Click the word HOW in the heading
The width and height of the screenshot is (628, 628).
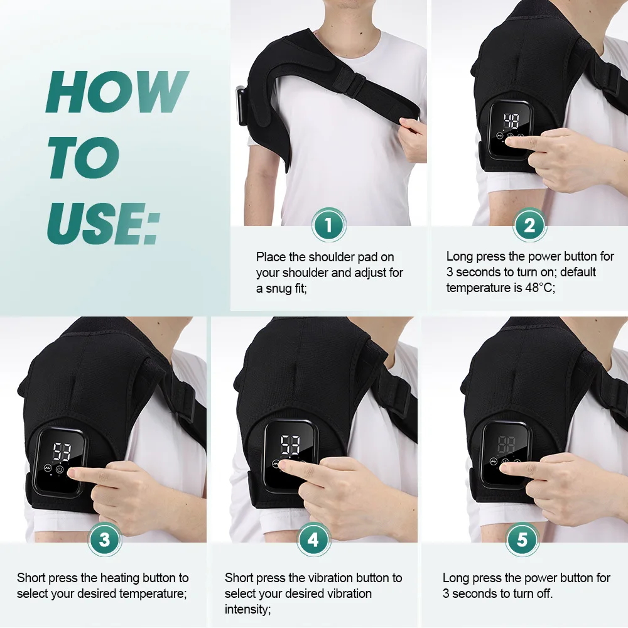click(x=117, y=92)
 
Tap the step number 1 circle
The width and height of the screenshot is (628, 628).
click(x=328, y=224)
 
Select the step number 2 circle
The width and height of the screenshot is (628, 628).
click(x=529, y=225)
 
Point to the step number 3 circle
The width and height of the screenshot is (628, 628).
click(x=104, y=539)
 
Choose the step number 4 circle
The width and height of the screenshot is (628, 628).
click(x=313, y=539)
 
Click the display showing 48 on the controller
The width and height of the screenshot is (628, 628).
click(x=511, y=122)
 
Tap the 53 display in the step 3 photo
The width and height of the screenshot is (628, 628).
click(x=61, y=451)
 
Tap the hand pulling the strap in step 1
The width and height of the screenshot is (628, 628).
click(x=411, y=135)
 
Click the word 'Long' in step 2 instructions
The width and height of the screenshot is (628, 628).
click(x=460, y=256)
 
